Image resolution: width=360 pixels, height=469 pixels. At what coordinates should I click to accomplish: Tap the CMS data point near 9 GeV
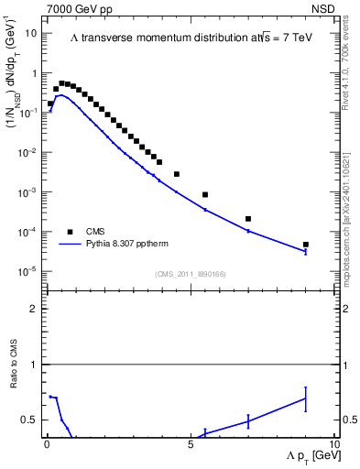(x=306, y=245)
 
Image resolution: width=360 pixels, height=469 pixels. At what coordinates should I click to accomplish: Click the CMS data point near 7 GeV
(x=248, y=219)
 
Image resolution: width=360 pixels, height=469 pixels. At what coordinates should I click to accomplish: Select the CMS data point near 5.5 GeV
(x=205, y=194)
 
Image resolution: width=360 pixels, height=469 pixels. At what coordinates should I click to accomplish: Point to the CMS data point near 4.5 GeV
(x=177, y=174)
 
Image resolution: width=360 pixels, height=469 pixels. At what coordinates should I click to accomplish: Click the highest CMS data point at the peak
(x=62, y=83)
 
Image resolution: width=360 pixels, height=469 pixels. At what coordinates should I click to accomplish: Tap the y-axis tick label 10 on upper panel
(x=31, y=33)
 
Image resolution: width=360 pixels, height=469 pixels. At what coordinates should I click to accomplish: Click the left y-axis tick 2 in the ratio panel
(x=34, y=309)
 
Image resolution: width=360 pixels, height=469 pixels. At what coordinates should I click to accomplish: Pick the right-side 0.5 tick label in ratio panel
(x=350, y=420)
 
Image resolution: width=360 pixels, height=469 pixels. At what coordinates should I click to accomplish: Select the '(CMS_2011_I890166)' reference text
(x=190, y=274)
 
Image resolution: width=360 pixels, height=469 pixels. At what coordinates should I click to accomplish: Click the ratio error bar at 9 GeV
(x=306, y=398)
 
